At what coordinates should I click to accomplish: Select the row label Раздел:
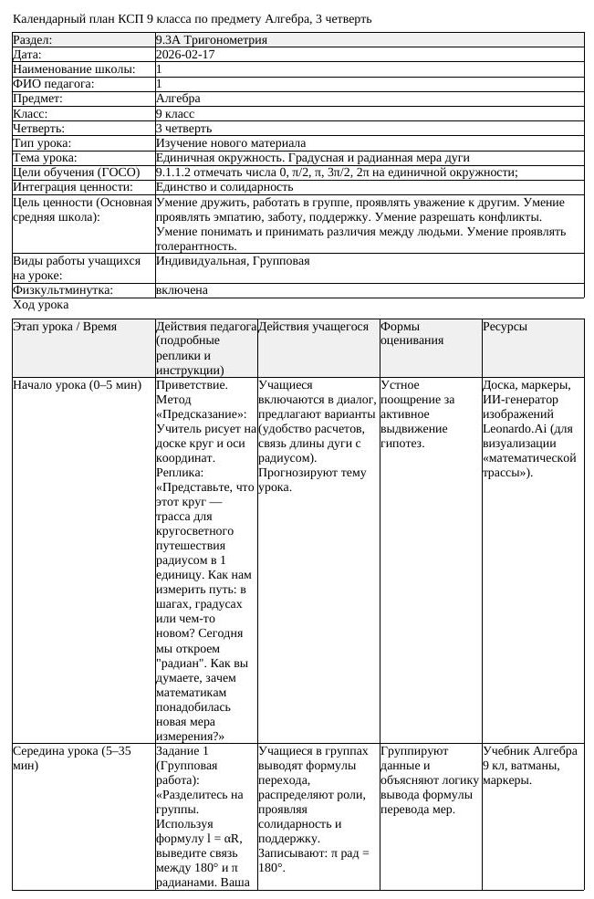33,40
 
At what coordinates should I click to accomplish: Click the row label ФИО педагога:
54,84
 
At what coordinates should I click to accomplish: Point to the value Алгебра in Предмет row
179,99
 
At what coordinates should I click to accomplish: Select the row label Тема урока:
45,158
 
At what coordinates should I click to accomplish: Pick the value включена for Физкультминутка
182,290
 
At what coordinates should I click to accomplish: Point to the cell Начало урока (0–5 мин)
77,385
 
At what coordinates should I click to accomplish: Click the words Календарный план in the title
57,19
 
